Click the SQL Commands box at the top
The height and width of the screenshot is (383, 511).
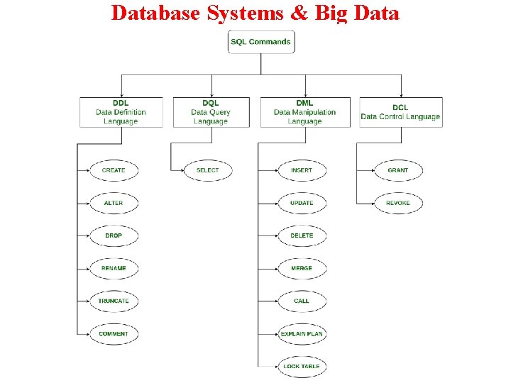click(x=260, y=42)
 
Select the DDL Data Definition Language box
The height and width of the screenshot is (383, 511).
click(x=121, y=112)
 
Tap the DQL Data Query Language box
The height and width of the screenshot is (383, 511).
click(x=211, y=112)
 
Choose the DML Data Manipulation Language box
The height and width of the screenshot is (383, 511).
click(x=305, y=112)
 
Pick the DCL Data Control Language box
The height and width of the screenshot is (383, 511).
click(x=401, y=112)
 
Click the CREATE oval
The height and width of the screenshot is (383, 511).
click(x=114, y=170)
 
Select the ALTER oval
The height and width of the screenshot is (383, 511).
click(x=114, y=203)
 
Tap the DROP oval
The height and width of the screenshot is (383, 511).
click(x=114, y=235)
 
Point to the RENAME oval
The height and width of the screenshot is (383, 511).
click(x=114, y=268)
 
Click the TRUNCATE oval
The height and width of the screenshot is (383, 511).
click(x=114, y=301)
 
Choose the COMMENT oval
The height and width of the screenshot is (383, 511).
click(x=114, y=333)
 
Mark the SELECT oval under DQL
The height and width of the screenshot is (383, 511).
click(x=208, y=170)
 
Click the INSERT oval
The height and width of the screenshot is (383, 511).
click(x=302, y=170)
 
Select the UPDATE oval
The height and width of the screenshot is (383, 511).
click(x=302, y=203)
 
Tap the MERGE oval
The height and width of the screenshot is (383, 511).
click(x=302, y=268)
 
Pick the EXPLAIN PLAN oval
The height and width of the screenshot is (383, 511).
click(x=302, y=333)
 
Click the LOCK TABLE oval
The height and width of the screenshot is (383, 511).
click(x=302, y=366)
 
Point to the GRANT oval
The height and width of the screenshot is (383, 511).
click(x=398, y=170)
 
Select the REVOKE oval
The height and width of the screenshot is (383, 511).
click(x=398, y=203)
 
